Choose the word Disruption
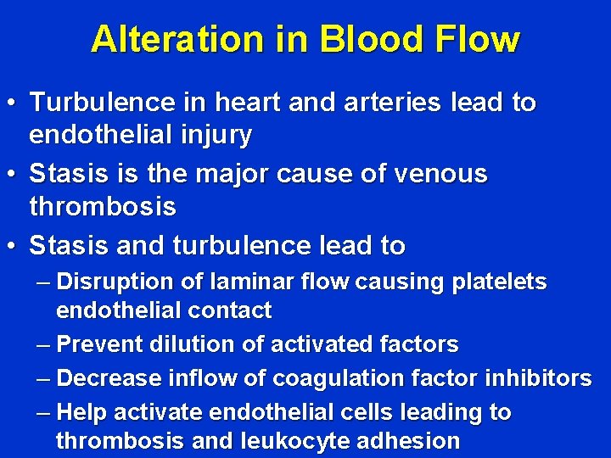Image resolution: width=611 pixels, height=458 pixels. click(x=115, y=281)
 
